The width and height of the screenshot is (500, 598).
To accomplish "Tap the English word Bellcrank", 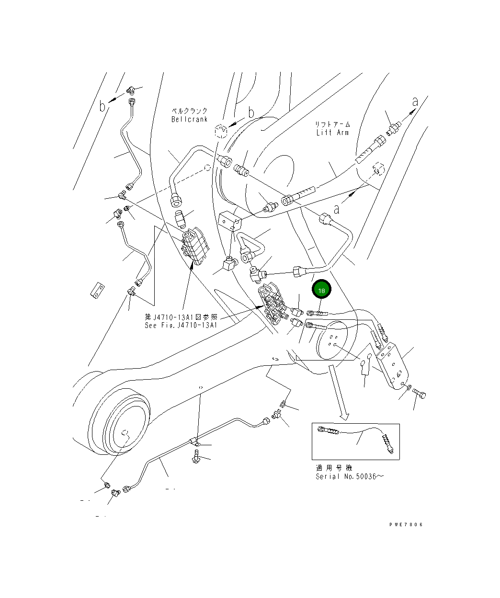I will pos(189,119).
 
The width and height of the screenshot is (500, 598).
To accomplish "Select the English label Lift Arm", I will pos(332,133).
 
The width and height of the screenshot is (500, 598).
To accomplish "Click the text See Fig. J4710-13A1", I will pos(181,325).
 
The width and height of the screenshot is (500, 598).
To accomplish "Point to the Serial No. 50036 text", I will pos(350,476).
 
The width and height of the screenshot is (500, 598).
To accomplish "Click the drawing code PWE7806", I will pos(406,524).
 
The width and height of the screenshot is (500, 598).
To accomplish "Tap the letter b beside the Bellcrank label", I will pos(250,113).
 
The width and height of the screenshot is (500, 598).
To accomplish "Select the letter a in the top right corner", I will pos(415,102).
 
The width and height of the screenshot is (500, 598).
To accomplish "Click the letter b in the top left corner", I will pos(102,106).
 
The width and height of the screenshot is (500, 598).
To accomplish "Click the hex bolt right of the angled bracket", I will pos(420,395).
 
